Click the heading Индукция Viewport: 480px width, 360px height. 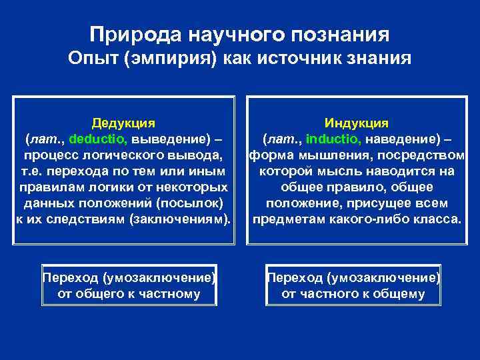pyautogui.click(x=357, y=123)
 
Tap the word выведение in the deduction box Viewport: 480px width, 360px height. pyautogui.click(x=169, y=140)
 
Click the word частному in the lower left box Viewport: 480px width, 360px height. pyautogui.click(x=167, y=294)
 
